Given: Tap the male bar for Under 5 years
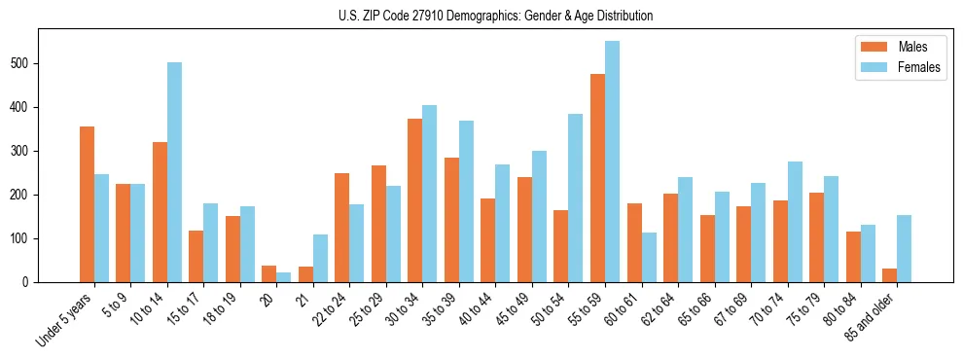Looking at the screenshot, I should [x=87, y=204].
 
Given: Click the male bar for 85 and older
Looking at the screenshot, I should [x=889, y=275].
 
